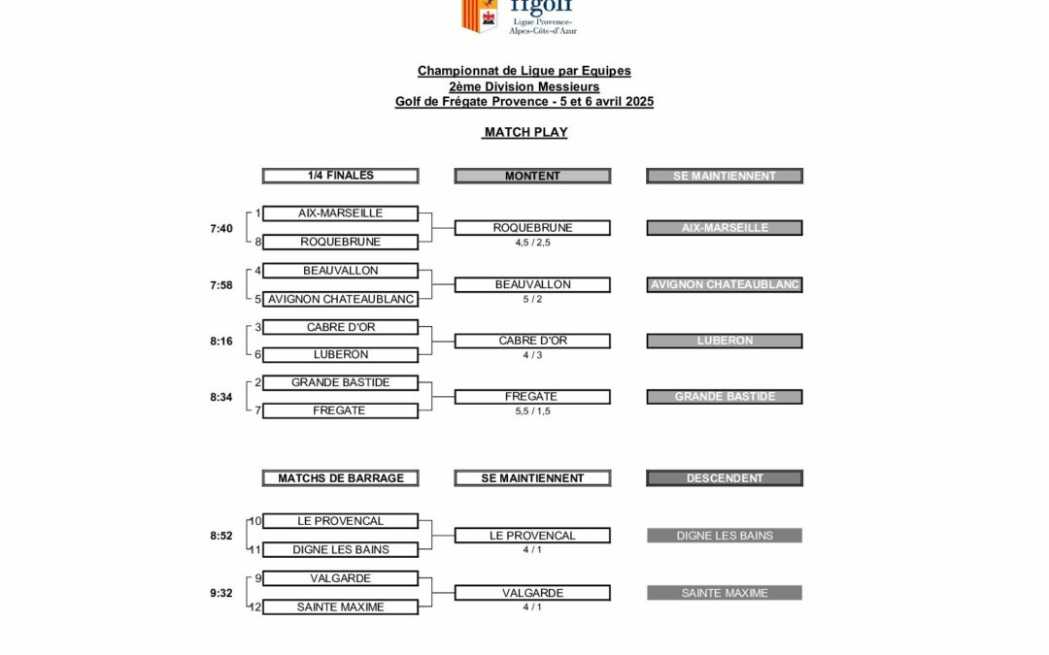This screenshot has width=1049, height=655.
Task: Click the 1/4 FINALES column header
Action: click(340, 176)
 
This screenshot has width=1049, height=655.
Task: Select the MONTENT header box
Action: click(532, 176)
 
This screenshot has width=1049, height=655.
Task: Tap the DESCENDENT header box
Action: click(725, 477)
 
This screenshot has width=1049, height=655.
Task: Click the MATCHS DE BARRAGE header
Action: click(340, 477)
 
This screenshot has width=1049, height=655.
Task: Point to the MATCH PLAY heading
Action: click(524, 132)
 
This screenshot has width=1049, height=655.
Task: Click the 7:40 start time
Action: click(221, 229)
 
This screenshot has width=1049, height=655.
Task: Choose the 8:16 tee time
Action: click(221, 343)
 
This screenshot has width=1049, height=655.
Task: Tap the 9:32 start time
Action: click(221, 593)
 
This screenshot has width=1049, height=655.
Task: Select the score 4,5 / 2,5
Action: click(532, 243)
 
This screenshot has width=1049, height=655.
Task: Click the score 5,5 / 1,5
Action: click(532, 411)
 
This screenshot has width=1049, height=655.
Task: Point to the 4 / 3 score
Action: click(532, 355)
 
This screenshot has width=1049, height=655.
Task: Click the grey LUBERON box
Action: click(725, 341)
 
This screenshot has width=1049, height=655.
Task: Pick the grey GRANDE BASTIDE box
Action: click(725, 396)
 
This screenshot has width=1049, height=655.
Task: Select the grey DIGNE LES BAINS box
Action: click(725, 535)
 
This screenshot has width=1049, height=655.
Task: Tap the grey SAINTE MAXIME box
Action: click(725, 592)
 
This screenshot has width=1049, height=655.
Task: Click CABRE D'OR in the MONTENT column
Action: click(532, 341)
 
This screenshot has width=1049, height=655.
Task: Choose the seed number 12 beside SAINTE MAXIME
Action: click(255, 606)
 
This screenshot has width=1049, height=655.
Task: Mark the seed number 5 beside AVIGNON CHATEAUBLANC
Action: click(258, 299)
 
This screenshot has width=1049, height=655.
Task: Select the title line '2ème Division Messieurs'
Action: click(524, 86)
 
